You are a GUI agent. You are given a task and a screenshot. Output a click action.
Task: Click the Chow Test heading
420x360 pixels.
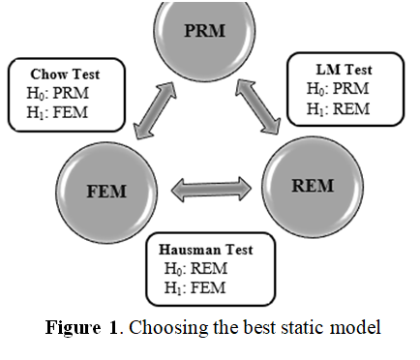click(64, 74)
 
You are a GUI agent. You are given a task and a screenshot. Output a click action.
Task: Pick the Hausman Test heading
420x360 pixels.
click(207, 250)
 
